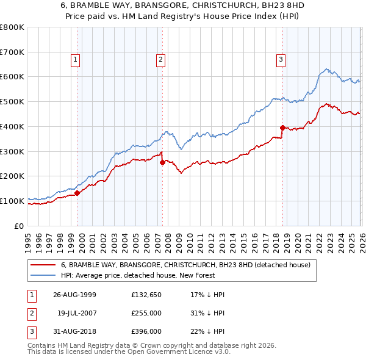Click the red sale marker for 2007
(x=162, y=162)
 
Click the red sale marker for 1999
(x=77, y=193)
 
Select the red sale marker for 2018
(x=282, y=128)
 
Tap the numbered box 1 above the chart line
(x=74, y=59)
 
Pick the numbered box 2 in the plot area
(x=160, y=59)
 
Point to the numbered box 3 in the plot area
(x=280, y=59)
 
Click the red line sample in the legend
(x=43, y=265)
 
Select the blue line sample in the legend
(x=43, y=275)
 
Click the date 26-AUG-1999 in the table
(x=74, y=295)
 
